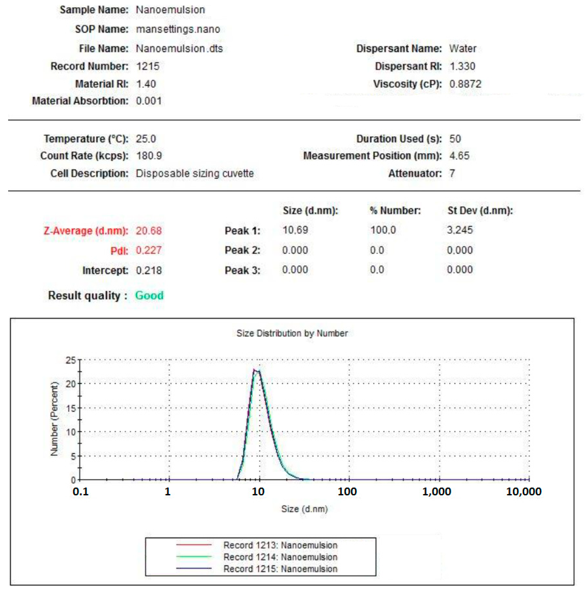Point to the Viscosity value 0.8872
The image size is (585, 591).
(465, 84)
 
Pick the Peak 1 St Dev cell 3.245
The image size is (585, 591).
(459, 230)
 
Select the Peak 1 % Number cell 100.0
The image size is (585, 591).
(383, 230)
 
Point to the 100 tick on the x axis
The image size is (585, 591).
(347, 492)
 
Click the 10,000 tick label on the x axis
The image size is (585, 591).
(524, 492)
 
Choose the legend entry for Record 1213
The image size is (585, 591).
(280, 545)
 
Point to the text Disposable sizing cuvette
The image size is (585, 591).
(195, 173)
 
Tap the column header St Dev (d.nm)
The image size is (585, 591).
(480, 210)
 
